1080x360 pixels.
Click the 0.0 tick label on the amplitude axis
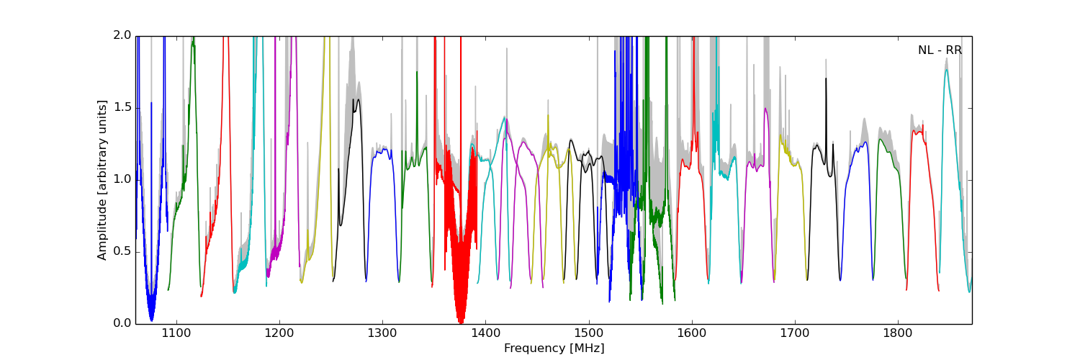pos(123,323)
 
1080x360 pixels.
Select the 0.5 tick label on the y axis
pos(123,251)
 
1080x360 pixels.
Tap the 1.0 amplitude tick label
pos(123,179)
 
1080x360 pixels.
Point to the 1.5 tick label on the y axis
pos(123,107)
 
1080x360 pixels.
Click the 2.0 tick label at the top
pos(123,35)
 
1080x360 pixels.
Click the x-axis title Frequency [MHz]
pos(554,348)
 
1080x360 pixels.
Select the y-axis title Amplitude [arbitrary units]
pos(102,179)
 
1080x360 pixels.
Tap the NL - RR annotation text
pos(940,50)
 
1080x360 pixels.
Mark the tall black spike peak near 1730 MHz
pos(826,79)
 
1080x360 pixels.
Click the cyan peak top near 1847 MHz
pos(947,70)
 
